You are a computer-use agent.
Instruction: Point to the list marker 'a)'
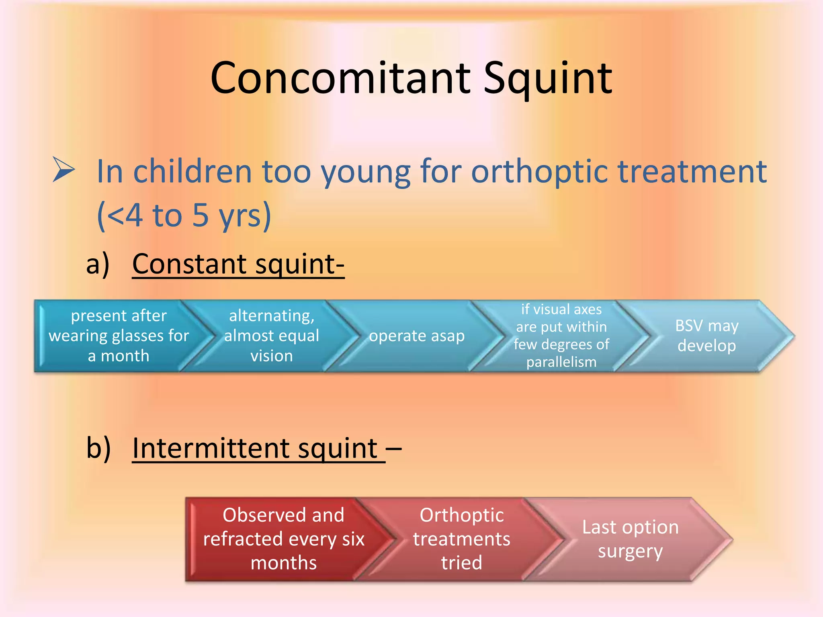coord(98,264)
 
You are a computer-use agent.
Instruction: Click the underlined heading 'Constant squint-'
coord(238,264)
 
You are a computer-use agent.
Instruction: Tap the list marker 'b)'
coord(98,448)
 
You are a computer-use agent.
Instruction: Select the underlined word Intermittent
coord(254,448)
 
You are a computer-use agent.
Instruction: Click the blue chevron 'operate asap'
coord(417,336)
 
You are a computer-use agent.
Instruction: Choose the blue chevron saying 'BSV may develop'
coord(706,336)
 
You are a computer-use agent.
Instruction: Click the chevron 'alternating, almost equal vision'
coord(272,336)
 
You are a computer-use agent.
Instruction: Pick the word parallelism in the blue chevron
coord(561,362)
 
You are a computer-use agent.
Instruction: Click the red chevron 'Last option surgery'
coord(630,539)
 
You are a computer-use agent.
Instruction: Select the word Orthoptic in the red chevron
coord(461,515)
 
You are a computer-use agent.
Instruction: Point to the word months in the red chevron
coord(284,563)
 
